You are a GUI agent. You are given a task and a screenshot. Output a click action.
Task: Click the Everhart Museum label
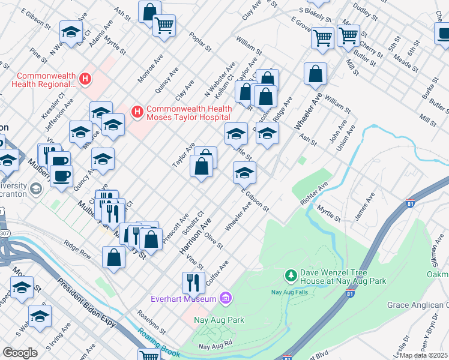click(x=183, y=299)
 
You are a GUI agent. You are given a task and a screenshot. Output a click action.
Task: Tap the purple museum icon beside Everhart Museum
click(x=226, y=298)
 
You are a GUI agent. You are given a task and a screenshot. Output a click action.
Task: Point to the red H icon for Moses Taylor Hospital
click(x=137, y=112)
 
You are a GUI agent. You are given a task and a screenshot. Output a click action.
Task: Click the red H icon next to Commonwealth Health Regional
click(x=85, y=79)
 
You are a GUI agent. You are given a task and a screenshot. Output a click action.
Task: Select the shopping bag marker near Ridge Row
click(x=113, y=258)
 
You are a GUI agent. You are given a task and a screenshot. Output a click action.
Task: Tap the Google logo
click(x=20, y=353)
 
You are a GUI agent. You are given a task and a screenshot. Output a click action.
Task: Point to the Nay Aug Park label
click(x=219, y=320)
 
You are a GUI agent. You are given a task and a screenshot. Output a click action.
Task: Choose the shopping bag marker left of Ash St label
click(x=315, y=74)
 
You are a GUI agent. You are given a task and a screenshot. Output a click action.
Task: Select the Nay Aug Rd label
click(x=215, y=346)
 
